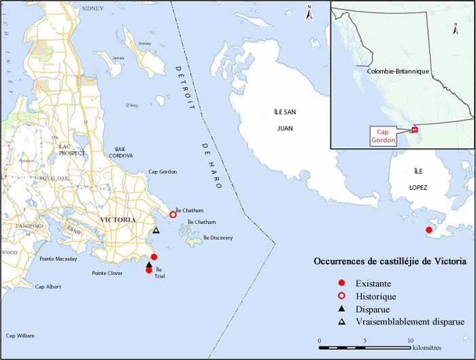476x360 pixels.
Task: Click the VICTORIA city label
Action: pos(118,220)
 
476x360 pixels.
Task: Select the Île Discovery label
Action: pos(218,238)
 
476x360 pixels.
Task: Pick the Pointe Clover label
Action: pos(107,273)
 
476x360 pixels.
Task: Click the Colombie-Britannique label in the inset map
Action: pos(395,71)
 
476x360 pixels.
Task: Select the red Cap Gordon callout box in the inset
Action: pos(382,136)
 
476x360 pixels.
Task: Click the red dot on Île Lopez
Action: pos(428,230)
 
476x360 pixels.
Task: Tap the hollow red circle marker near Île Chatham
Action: pos(173,214)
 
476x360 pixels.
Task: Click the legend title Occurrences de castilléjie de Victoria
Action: pos(390,261)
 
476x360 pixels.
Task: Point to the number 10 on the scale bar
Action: pos(410,340)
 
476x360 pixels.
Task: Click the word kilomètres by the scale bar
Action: pos(435,348)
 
